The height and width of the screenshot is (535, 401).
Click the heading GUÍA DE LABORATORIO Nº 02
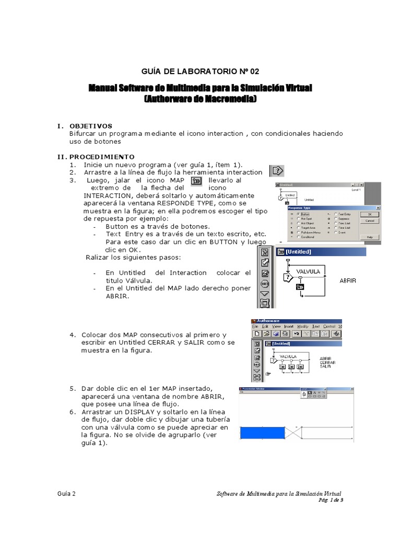click(200, 72)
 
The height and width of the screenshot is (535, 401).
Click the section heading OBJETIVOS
click(91, 126)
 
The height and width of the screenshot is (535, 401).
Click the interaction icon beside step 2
click(277, 170)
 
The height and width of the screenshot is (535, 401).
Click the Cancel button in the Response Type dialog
click(370, 221)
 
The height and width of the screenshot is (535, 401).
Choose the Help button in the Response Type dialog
click(370, 237)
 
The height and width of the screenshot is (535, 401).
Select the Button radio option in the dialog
click(298, 214)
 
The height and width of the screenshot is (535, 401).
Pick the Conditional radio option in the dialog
click(298, 237)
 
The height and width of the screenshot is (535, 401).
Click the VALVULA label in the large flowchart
click(308, 272)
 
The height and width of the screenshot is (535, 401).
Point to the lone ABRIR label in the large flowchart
click(348, 281)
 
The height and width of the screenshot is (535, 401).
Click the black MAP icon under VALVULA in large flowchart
click(300, 287)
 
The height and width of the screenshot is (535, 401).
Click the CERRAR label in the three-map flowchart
click(327, 362)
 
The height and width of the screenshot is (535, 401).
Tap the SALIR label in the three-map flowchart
click(326, 366)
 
